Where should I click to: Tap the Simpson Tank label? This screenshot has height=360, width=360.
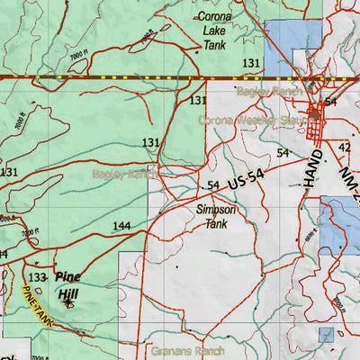tap(216, 216)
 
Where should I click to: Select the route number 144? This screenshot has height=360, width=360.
tap(121, 226)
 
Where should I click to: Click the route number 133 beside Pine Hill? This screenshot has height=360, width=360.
tap(38, 278)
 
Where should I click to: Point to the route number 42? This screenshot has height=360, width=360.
tap(345, 147)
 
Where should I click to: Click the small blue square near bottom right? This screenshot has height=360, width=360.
tap(326, 336)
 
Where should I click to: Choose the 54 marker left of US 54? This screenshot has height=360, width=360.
tap(213, 185)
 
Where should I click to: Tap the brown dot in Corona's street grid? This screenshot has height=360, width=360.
tap(313, 114)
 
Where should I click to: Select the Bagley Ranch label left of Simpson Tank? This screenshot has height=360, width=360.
tap(122, 175)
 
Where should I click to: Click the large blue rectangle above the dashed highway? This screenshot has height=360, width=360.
tap(293, 40)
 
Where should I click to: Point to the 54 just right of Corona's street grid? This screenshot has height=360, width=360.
tap(331, 103)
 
